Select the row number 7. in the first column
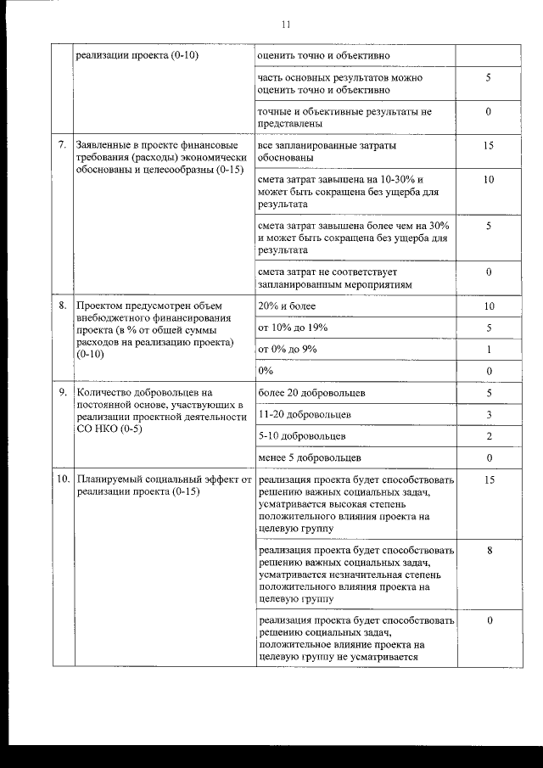click(x=62, y=145)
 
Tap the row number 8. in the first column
click(x=62, y=306)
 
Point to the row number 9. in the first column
click(x=62, y=393)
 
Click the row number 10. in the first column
click(x=63, y=479)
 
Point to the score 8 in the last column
click(x=490, y=551)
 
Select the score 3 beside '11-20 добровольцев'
click(x=490, y=414)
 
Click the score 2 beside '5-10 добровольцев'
click(x=490, y=435)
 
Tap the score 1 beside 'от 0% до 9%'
click(x=490, y=349)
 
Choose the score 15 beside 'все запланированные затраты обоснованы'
click(x=489, y=146)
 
